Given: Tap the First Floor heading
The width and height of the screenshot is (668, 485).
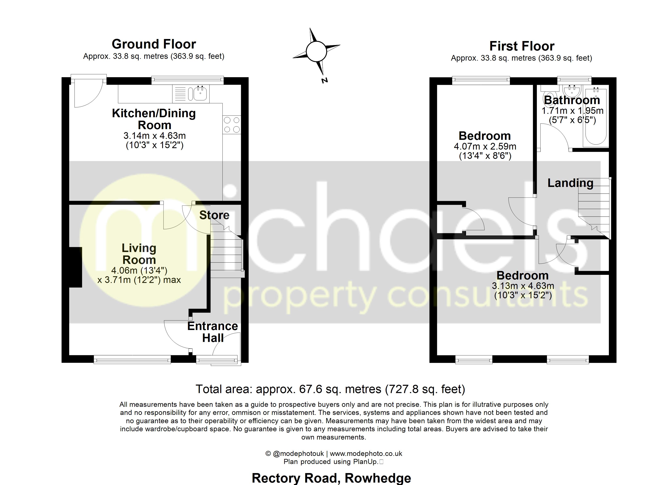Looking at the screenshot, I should (x=522, y=46).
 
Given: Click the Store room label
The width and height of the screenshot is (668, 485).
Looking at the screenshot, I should (x=214, y=215).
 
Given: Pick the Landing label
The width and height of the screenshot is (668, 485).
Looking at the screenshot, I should (x=570, y=183).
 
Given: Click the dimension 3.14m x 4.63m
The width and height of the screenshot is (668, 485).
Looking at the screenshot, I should (x=154, y=136).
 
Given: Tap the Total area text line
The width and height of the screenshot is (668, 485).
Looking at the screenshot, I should (x=330, y=389).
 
